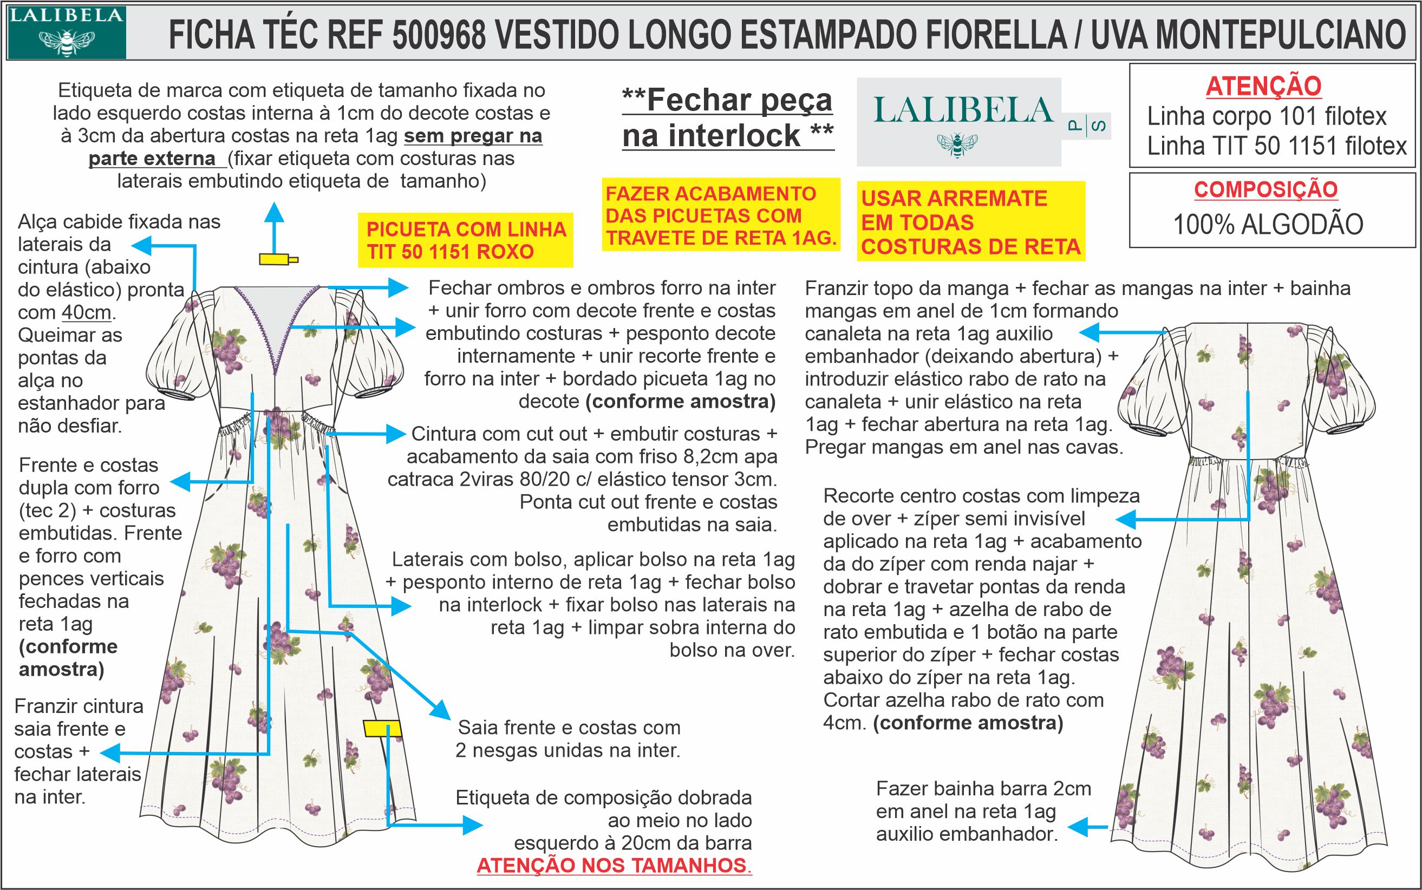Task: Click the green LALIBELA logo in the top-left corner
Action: click(x=66, y=32)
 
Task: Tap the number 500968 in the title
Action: click(x=439, y=35)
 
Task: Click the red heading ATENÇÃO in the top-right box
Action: click(x=1263, y=87)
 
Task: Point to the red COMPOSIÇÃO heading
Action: click(x=1266, y=189)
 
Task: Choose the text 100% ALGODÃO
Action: click(x=1268, y=225)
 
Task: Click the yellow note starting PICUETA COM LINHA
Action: click(x=466, y=240)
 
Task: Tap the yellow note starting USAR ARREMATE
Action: click(x=970, y=222)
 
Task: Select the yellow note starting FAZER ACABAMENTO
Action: click(x=721, y=215)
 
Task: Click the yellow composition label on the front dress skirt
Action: click(x=382, y=728)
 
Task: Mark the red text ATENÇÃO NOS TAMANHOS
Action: click(x=614, y=866)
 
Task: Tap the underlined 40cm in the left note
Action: click(x=86, y=312)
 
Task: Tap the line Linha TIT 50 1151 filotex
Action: click(x=1276, y=146)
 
